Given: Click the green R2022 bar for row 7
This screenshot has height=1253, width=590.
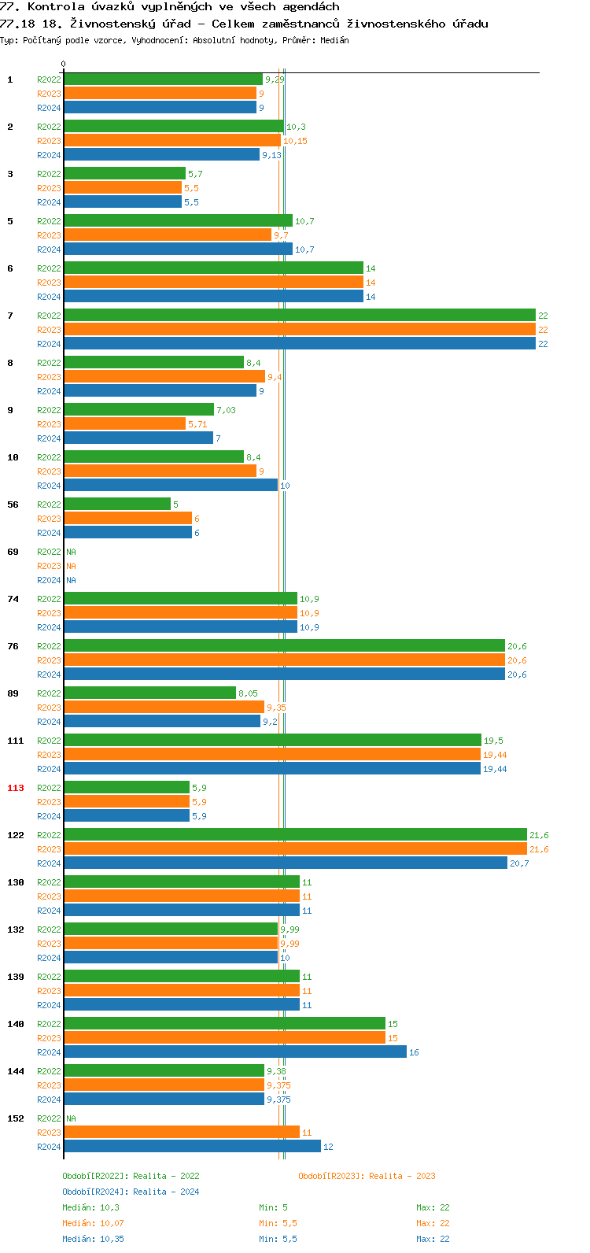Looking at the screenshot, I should [x=299, y=316].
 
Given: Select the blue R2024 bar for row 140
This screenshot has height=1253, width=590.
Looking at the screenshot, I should [x=234, y=1052].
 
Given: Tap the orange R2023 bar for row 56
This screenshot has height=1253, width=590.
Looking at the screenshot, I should [x=127, y=519].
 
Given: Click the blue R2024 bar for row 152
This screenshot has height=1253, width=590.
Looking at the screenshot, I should [x=192, y=1147].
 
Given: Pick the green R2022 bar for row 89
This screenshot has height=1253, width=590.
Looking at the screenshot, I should [x=149, y=693].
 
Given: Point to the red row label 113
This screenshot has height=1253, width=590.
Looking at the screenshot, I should [x=16, y=788].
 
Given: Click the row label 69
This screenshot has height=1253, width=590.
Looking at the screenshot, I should [x=13, y=552].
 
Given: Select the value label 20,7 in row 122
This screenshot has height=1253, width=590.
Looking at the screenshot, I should [x=519, y=863].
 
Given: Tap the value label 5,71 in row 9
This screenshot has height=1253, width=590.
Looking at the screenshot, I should [x=197, y=424].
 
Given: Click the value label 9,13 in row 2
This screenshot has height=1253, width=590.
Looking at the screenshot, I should [x=271, y=155].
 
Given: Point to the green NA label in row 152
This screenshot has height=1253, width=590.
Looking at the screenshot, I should [x=71, y=1118].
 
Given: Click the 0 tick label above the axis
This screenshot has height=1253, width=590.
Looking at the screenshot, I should [x=64, y=64].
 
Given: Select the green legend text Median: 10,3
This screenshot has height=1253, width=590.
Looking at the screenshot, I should [x=90, y=1207].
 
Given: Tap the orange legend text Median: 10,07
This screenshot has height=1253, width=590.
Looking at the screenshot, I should [x=93, y=1223].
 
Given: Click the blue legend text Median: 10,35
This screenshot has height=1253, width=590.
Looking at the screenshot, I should [x=93, y=1239].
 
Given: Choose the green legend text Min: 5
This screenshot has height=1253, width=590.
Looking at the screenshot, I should [x=273, y=1207].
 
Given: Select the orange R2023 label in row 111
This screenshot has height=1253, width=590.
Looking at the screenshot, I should [x=49, y=755].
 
